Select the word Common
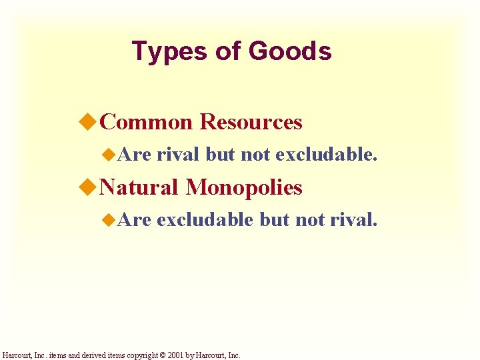pyautogui.click(x=146, y=123)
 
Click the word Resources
pyautogui.click(x=251, y=123)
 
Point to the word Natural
pyautogui.click(x=139, y=188)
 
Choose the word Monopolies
pyautogui.click(x=244, y=188)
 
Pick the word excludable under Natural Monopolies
pyautogui.click(x=205, y=220)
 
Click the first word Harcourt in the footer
pyautogui.click(x=17, y=355)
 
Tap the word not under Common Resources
pyautogui.click(x=254, y=155)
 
